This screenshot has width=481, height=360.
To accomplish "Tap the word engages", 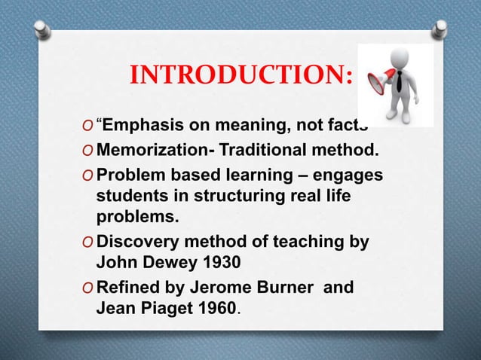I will coord(351,175).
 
